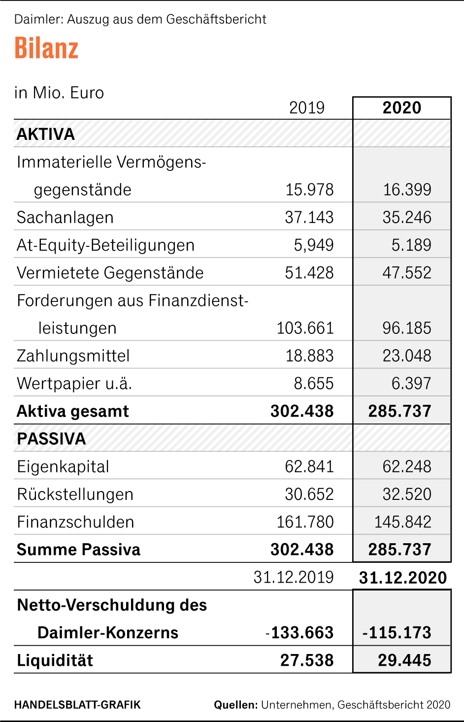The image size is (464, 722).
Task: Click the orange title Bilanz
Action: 46,48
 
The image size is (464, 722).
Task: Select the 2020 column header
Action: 402,108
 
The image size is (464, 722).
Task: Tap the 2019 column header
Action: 306,108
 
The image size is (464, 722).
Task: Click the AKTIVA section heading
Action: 46,134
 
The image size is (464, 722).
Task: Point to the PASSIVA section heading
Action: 51,439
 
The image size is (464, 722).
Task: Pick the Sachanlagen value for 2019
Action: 309,217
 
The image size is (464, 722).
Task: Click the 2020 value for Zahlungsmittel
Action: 406,356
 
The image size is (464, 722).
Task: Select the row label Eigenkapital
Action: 63,466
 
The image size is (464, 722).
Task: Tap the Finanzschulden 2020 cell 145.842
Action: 402,522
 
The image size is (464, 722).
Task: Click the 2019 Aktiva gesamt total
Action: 302,411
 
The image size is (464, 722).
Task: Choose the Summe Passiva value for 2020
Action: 399,550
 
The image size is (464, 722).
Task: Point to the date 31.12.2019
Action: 293,577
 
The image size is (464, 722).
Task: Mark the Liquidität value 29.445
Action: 404,660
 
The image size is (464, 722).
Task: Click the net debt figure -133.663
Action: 299,633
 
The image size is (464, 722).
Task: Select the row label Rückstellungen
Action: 75,494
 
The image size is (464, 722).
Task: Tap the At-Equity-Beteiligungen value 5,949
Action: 314,245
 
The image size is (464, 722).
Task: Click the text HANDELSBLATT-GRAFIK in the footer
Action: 77,705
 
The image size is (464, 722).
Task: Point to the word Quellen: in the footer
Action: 235,705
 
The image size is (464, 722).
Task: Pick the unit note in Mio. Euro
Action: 59,93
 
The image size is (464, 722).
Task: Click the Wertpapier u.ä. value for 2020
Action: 411,383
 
